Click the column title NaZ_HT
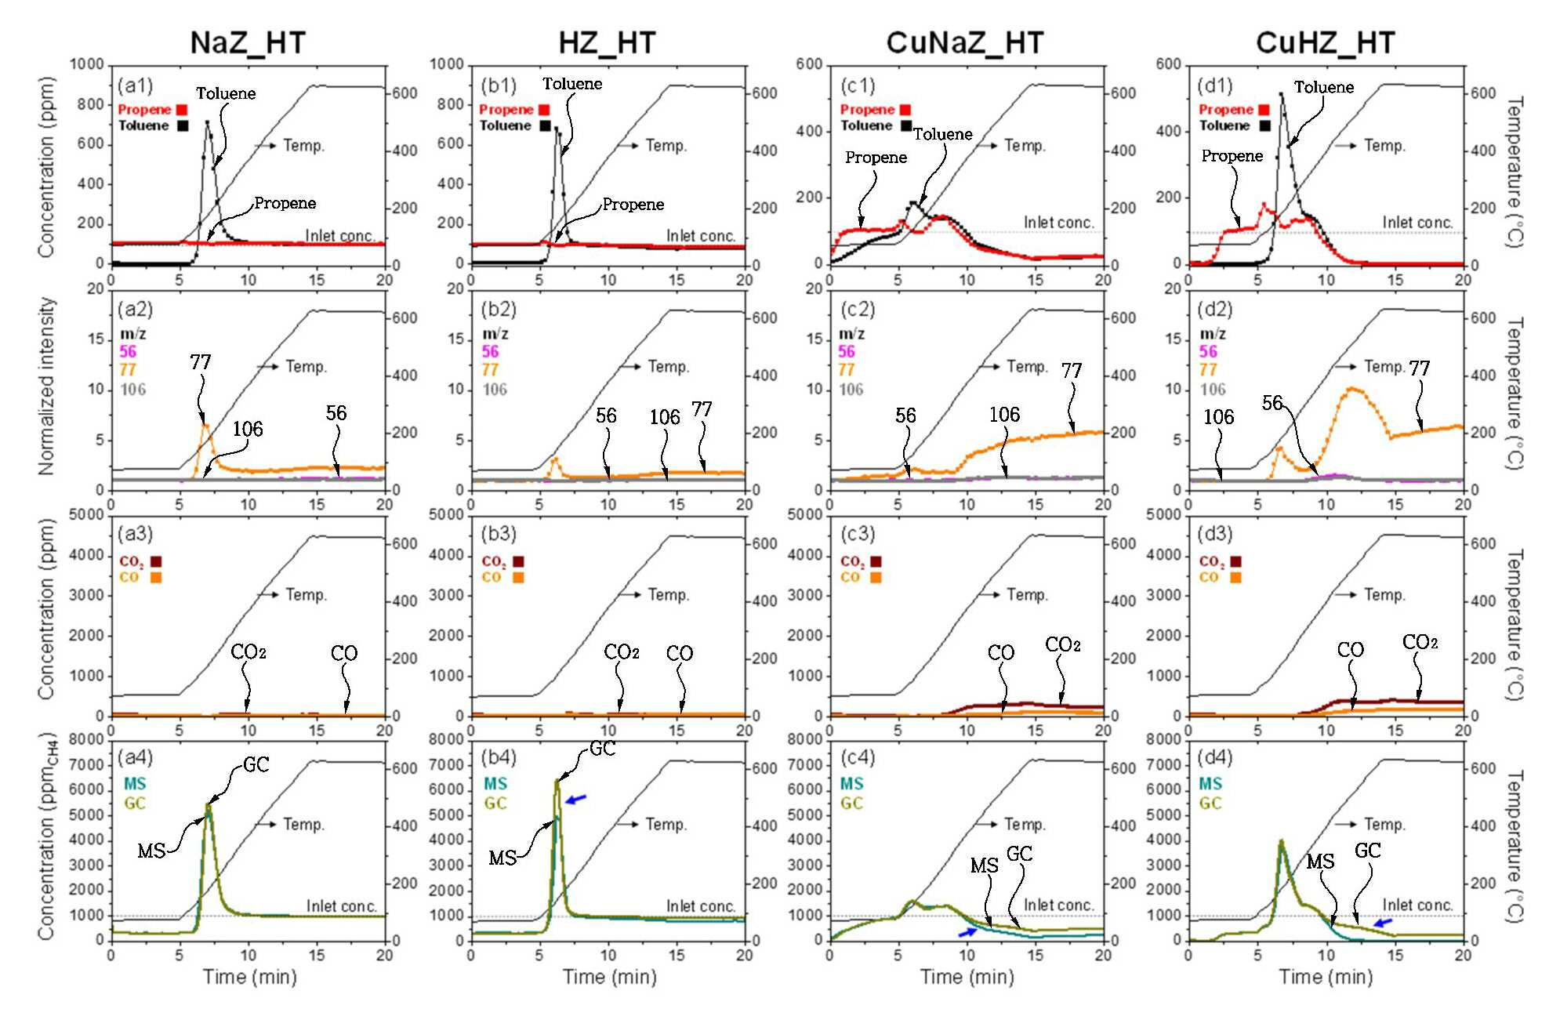248,42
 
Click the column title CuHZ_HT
1325,42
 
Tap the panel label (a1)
135,85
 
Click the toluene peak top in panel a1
207,122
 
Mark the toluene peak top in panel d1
1282,94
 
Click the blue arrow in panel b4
576,799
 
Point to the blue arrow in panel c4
968,931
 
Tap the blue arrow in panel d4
1384,923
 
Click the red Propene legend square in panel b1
544,110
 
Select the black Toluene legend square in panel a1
183,125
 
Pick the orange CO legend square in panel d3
1235,578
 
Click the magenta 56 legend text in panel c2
847,351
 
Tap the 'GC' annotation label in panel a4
256,764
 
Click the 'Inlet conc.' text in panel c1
1058,223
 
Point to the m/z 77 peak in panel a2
205,425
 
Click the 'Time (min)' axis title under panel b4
609,977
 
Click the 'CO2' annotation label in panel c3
1063,644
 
